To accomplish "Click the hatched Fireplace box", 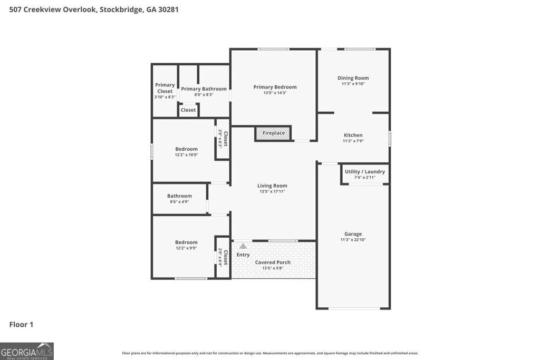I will click(273, 133).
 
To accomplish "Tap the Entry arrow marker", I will click(243, 246).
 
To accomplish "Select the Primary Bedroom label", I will click(275, 87).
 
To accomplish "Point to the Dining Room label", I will click(353, 78).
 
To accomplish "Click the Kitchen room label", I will click(353, 135).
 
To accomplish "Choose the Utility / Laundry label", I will click(364, 172).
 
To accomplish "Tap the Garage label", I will click(353, 234).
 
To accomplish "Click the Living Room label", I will click(272, 186).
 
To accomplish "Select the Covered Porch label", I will click(273, 262).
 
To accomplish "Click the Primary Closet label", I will click(165, 88).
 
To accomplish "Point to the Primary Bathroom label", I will click(204, 89).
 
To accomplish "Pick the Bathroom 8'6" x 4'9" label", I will click(179, 196).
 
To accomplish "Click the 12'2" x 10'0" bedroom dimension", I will click(186, 155).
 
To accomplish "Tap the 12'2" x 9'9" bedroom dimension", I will click(186, 248).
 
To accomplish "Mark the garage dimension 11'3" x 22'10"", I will click(353, 240).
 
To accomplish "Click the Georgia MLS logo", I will click(27, 351).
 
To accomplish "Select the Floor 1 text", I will click(21, 325).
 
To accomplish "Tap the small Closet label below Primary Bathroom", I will click(188, 110).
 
